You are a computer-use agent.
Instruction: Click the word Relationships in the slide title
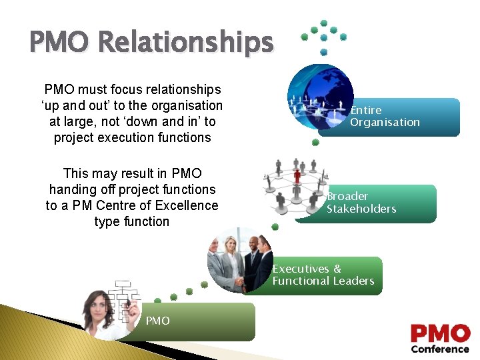coord(186,43)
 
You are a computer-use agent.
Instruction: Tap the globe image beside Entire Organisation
coord(319,97)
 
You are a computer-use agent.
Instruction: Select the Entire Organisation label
coord(385,116)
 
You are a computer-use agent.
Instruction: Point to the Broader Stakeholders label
coord(361,203)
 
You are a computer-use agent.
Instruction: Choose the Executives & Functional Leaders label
coord(323,275)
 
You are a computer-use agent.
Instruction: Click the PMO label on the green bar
coord(157,321)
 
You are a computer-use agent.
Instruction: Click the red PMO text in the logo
coord(440,333)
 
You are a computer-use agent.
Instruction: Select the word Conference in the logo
coord(440,349)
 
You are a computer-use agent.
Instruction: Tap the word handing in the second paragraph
coord(71,189)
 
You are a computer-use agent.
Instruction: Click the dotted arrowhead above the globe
coord(323,37)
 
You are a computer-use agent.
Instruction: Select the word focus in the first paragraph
coord(121,89)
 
